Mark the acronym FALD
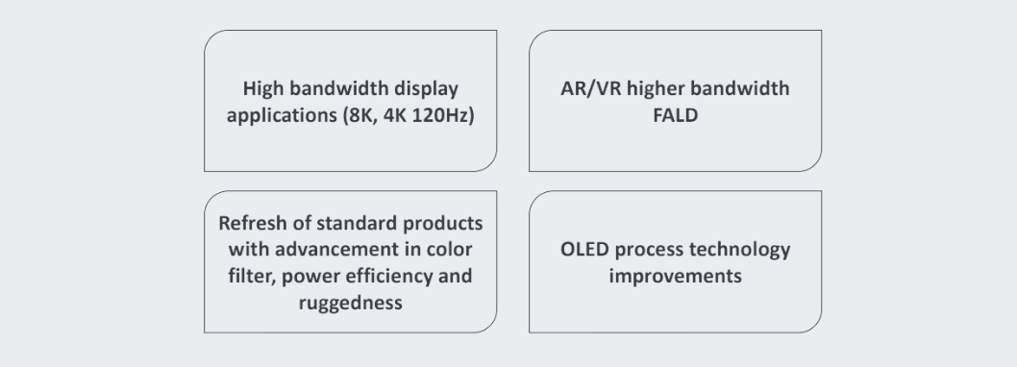coord(675,115)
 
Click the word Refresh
coord(252,223)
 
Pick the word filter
coord(252,277)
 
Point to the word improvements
coord(675,277)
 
